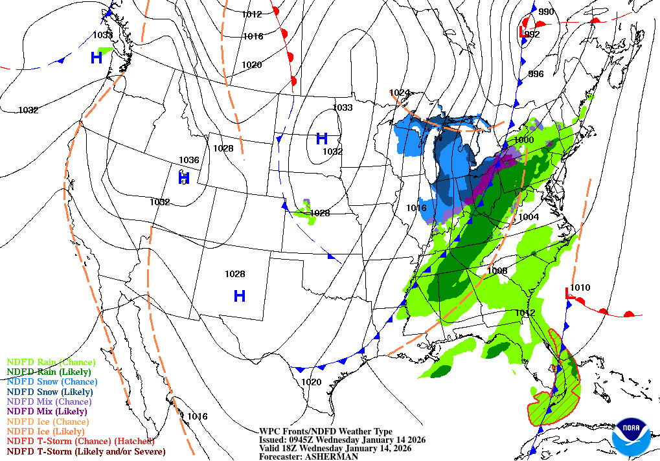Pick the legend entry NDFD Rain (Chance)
(x=51, y=362)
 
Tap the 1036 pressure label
(x=188, y=160)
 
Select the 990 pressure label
(x=546, y=12)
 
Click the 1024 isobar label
(x=400, y=93)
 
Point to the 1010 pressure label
(x=580, y=287)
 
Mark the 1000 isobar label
(x=523, y=140)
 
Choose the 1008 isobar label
(x=497, y=271)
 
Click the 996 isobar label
(x=536, y=74)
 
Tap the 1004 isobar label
(x=529, y=217)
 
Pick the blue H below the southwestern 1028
(x=239, y=296)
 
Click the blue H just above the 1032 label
(x=321, y=138)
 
